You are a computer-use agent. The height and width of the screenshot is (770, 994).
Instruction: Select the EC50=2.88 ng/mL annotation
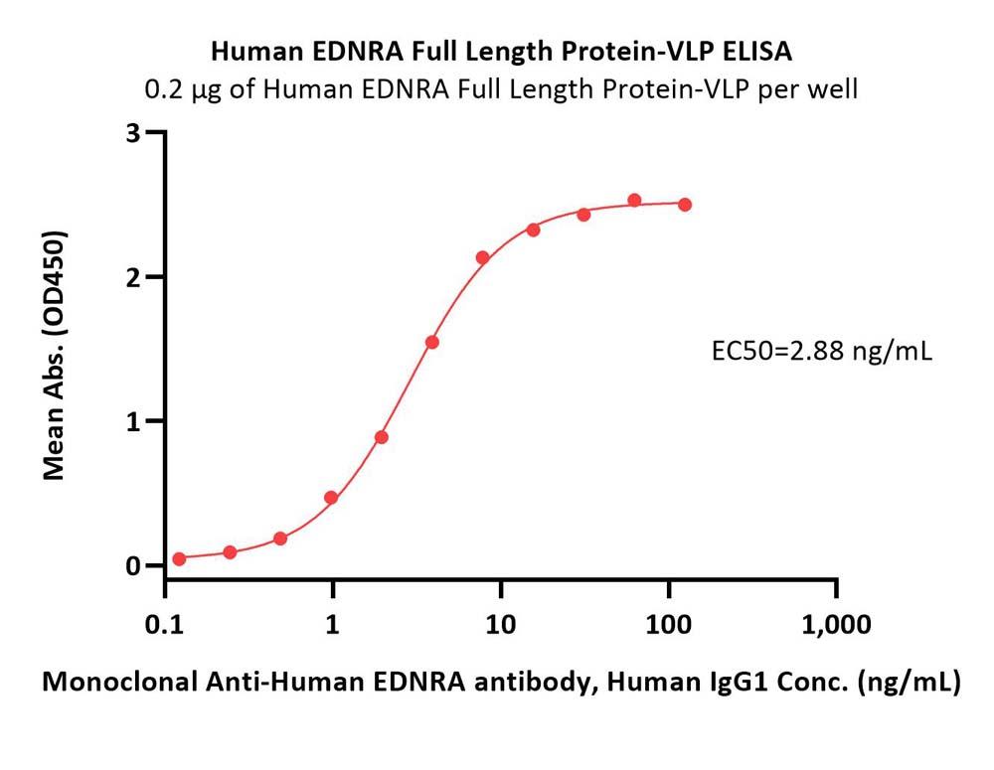[822, 351]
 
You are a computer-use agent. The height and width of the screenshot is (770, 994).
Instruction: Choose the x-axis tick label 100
[668, 625]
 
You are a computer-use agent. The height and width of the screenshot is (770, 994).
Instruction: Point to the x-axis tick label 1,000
[836, 625]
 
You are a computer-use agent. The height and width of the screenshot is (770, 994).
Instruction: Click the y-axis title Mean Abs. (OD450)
[56, 355]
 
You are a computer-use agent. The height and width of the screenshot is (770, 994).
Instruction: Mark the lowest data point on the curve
[179, 559]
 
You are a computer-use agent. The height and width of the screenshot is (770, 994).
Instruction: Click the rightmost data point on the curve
[685, 205]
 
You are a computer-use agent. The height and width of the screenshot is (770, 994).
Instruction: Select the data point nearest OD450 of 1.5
[432, 343]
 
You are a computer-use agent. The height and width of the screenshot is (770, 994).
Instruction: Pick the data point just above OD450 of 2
[483, 258]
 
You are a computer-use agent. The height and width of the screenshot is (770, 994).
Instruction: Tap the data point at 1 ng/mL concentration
[331, 498]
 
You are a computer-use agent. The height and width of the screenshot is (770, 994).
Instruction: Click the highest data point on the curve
[634, 201]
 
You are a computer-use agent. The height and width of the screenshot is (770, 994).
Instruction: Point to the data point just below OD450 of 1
[382, 437]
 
